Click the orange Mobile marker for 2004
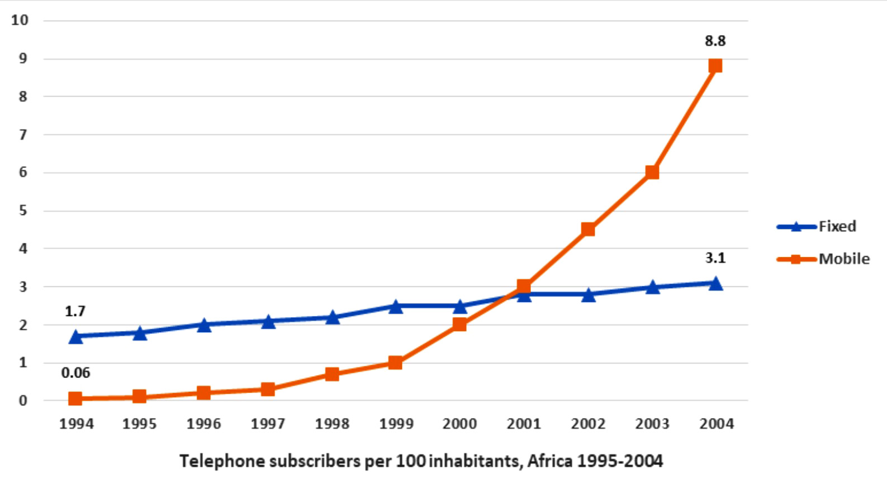[x=715, y=66]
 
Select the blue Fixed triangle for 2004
[x=715, y=284]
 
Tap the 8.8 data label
[x=715, y=41]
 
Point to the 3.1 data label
[x=715, y=258]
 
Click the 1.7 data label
[x=75, y=311]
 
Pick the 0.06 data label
[x=75, y=372]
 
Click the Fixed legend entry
[x=837, y=226]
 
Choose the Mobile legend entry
[x=843, y=258]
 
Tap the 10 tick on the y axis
[x=20, y=20]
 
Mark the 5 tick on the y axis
[x=23, y=210]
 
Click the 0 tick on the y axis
[x=23, y=400]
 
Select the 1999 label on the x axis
[x=396, y=424]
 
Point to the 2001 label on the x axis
[x=524, y=424]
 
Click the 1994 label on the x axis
[x=76, y=424]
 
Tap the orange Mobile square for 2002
[x=587, y=229]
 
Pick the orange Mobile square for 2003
[x=652, y=172]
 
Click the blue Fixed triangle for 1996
[x=204, y=325]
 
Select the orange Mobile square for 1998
[x=332, y=373]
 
